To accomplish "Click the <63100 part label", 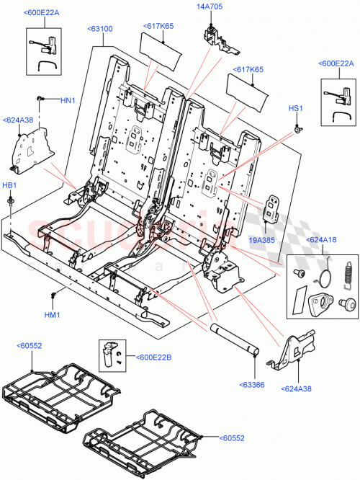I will click(x=99, y=29).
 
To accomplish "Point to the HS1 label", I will click(x=296, y=108).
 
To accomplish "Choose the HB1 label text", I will click(x=9, y=185).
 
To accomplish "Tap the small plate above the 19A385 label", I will click(x=274, y=207).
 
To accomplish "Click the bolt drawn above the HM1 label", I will click(x=53, y=296).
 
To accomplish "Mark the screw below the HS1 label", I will click(x=297, y=129).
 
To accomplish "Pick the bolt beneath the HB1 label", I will click(x=12, y=204).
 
